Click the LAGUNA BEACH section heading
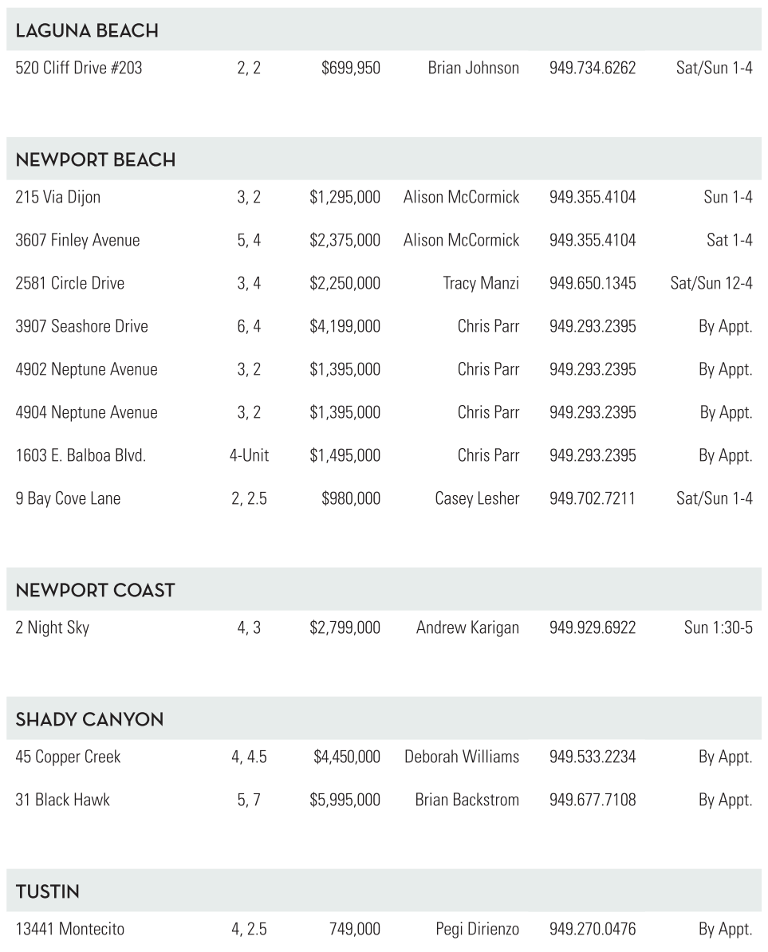(87, 31)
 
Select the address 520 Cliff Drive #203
(79, 68)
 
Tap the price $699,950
(350, 68)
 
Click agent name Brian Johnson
(473, 68)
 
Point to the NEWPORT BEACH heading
(96, 160)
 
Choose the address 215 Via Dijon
(58, 197)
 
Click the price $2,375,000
(345, 240)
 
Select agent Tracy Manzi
(481, 283)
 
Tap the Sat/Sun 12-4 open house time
(711, 283)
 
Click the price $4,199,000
(345, 326)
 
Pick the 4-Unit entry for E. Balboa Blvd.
(249, 455)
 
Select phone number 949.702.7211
(593, 498)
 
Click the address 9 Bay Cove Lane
(68, 498)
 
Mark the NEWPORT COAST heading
(96, 591)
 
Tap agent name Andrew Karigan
(467, 627)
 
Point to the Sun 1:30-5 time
(718, 627)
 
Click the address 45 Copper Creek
(68, 757)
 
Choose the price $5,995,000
(345, 800)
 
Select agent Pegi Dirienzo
(477, 929)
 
